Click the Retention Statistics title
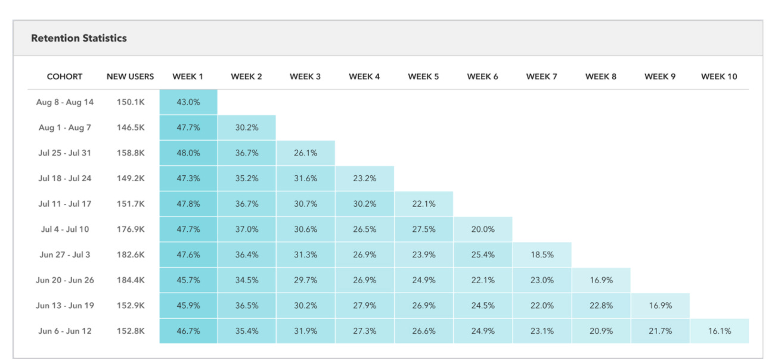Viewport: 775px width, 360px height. tap(79, 38)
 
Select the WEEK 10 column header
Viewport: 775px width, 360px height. tap(719, 76)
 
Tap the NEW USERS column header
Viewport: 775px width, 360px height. tap(130, 76)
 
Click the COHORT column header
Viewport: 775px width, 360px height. tap(64, 76)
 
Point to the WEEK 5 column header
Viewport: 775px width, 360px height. tap(423, 76)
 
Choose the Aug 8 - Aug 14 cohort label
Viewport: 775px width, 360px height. tap(65, 102)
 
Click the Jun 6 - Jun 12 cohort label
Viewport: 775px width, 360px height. tap(65, 331)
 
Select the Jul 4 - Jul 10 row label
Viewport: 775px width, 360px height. tap(65, 229)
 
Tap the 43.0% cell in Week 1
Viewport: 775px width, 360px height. tap(188, 102)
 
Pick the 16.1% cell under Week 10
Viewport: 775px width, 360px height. tap(719, 331)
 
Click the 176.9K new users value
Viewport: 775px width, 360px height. tap(130, 229)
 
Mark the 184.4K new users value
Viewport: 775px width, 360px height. tap(130, 280)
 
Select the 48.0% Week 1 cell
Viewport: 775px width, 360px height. tap(188, 153)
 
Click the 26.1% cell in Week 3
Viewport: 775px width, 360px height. tap(305, 153)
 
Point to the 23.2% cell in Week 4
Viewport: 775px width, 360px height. tap(364, 178)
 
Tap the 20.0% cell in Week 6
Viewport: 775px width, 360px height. tap(482, 229)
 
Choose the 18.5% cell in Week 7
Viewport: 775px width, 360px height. tap(541, 255)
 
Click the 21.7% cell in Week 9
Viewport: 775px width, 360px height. tap(660, 331)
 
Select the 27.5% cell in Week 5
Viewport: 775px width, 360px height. tap(423, 229)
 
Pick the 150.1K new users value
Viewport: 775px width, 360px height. tap(130, 102)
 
